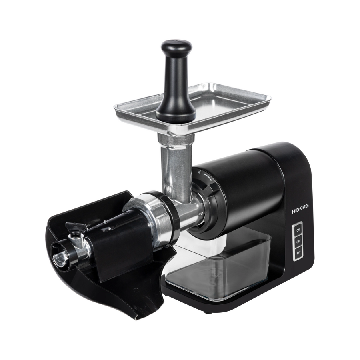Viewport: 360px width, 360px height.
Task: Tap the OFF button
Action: point(298,242)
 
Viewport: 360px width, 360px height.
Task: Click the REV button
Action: point(298,253)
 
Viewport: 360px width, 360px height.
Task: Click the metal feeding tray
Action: point(192,108)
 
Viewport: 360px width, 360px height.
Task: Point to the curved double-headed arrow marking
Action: point(207,177)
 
